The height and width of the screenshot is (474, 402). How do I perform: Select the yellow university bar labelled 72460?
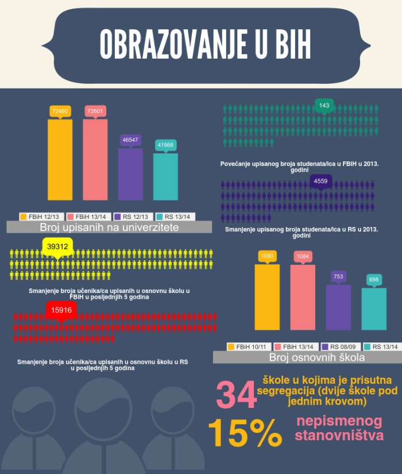point(60,159)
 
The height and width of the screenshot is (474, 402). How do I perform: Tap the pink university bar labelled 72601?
point(95,159)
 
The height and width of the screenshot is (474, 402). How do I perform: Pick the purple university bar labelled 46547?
point(130,174)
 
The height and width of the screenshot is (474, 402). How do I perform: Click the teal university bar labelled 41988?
point(165,176)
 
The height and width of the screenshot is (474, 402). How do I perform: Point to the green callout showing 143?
point(324,106)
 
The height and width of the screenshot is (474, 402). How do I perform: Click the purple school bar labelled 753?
point(338,307)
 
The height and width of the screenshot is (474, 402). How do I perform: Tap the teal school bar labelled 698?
point(374,309)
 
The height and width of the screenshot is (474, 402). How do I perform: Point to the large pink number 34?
point(235,396)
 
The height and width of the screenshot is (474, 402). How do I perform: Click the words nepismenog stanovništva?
point(339,428)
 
